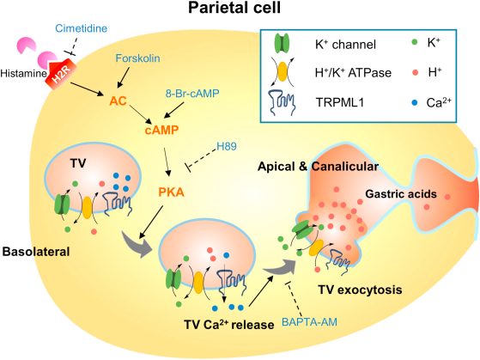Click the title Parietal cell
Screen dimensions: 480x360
pyautogui.click(x=234, y=8)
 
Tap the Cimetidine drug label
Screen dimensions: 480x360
pyautogui.click(x=82, y=28)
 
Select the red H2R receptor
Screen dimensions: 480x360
pyautogui.click(x=58, y=75)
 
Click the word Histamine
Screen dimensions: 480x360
pyautogui.click(x=23, y=74)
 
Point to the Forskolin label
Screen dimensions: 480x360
pyautogui.click(x=137, y=58)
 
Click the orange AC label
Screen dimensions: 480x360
pyautogui.click(x=118, y=101)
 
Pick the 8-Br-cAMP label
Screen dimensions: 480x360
pyautogui.click(x=192, y=93)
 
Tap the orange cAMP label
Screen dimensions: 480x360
pyautogui.click(x=161, y=131)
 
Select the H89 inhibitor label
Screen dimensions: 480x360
pyautogui.click(x=227, y=146)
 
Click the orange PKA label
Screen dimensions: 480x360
pyautogui.click(x=172, y=192)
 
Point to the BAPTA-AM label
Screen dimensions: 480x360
pyautogui.click(x=309, y=322)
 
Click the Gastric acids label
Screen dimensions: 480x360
pyautogui.click(x=401, y=194)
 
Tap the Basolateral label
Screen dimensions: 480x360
pyautogui.click(x=36, y=252)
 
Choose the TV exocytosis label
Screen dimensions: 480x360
pyautogui.click(x=360, y=290)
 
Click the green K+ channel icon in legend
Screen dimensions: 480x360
pyautogui.click(x=282, y=44)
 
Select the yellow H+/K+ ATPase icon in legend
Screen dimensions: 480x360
pyautogui.click(x=283, y=72)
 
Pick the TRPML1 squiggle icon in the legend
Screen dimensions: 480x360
pyautogui.click(x=282, y=102)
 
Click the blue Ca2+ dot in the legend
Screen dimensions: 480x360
pyautogui.click(x=415, y=103)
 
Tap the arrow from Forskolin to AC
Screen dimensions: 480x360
pyautogui.click(x=124, y=77)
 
